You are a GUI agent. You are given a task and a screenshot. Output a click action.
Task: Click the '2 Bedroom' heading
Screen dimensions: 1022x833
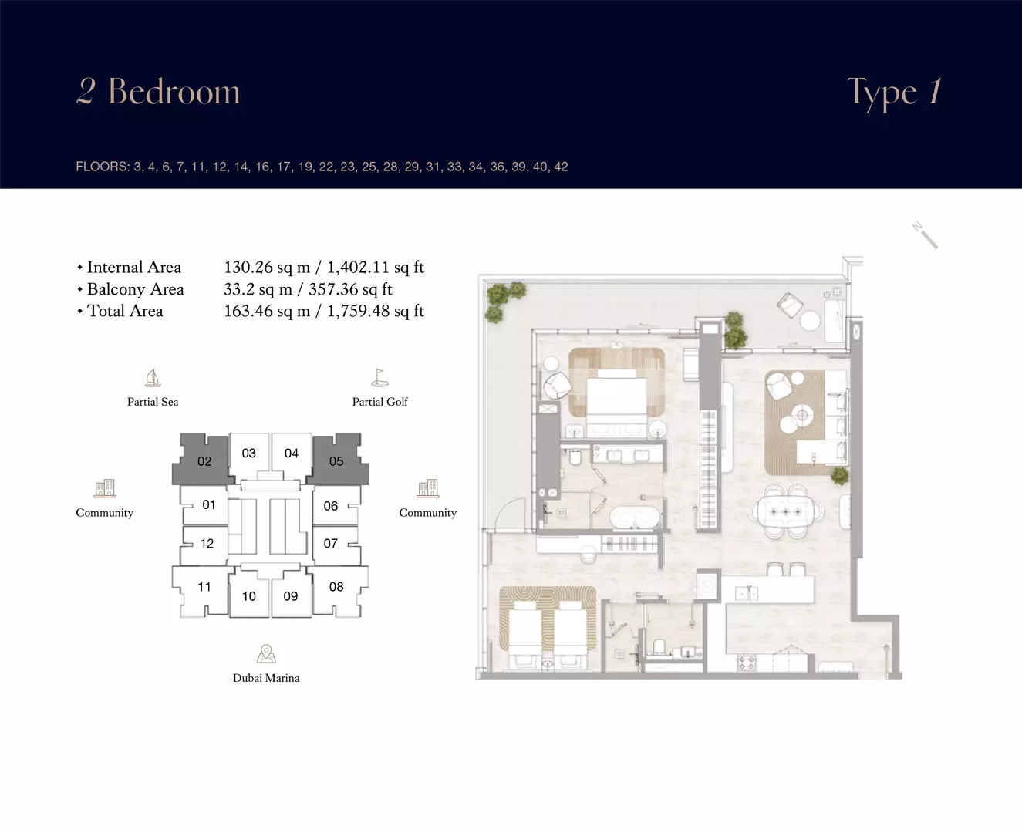[x=158, y=91]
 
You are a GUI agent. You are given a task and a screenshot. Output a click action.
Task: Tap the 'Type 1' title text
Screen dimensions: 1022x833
[x=895, y=93]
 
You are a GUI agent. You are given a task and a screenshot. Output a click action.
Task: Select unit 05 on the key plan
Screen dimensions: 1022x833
[x=336, y=460]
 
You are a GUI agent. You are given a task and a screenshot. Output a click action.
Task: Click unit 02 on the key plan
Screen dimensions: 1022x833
[x=204, y=460]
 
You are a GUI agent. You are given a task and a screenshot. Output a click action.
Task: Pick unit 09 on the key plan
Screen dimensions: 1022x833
[x=291, y=595]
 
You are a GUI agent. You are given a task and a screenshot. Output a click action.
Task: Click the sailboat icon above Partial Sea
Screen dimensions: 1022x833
[x=153, y=378]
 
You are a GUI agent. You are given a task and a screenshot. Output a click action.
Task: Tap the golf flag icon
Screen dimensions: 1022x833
[x=379, y=378]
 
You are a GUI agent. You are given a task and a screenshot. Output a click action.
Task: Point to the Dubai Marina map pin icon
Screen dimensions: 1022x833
[x=266, y=653]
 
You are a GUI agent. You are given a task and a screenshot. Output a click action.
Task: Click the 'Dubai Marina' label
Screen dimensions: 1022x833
[x=266, y=677]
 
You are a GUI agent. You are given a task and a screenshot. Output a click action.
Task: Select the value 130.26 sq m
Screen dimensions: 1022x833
[x=267, y=268]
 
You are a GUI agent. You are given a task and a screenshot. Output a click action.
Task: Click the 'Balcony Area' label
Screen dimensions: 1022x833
[x=135, y=289]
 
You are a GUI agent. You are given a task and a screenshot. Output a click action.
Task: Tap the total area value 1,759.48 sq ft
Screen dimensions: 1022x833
[x=376, y=311]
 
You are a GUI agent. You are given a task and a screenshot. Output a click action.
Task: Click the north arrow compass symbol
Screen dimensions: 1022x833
[x=925, y=235]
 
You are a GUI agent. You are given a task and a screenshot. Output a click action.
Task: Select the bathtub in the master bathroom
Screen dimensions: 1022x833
[x=635, y=517]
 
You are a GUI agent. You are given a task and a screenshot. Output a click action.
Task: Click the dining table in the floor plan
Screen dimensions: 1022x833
[x=785, y=511]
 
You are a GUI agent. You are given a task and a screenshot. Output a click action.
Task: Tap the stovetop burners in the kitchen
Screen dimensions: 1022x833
[x=747, y=663]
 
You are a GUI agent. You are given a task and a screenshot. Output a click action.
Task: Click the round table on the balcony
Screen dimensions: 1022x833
[x=810, y=321]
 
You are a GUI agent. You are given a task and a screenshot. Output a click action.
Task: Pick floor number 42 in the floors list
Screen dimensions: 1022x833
[x=561, y=167]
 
